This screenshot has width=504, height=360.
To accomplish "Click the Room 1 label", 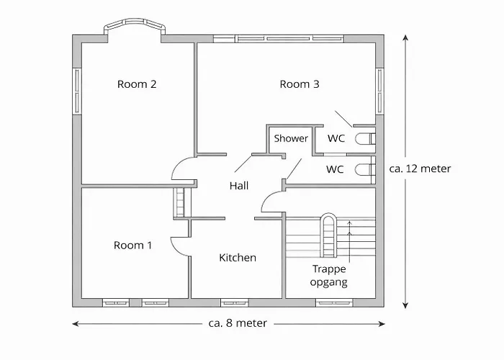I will tap(133, 246).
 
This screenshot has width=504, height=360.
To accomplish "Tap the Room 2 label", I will tap(137, 84).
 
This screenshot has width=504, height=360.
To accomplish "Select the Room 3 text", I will tap(300, 84).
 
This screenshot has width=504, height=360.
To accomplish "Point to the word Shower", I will tap(291, 138).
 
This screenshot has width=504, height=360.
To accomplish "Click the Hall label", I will tap(239, 186).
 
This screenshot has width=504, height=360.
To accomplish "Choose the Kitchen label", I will tap(238, 258).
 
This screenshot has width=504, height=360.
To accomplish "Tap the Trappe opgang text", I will tap(329, 276).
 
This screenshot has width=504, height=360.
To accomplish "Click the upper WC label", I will tap(336, 138).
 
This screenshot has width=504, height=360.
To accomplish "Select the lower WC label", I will tap(335, 170).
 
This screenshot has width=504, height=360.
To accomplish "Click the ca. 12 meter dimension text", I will tap(420, 169).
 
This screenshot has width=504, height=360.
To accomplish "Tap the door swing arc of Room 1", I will tap(180, 245).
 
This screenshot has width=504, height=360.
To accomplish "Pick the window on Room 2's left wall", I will tap(76, 90).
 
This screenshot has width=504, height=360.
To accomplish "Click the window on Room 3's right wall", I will tap(380, 90).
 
